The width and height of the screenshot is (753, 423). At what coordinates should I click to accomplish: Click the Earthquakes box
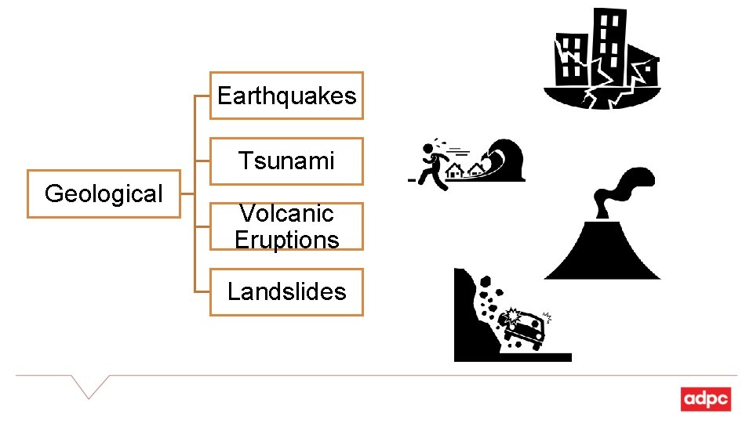point(286,96)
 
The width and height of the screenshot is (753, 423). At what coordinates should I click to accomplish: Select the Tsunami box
point(286,161)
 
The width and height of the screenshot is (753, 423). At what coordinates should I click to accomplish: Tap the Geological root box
point(104,193)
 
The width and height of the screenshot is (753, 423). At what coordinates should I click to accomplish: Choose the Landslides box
point(286,291)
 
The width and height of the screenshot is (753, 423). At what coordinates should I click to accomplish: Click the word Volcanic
point(286,214)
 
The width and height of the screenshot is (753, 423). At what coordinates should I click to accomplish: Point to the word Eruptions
point(286,239)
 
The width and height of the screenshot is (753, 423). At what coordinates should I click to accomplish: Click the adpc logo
point(705,399)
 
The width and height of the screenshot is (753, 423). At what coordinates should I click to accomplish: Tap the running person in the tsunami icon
point(433,164)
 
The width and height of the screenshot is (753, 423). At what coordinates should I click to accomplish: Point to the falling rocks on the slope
point(491,302)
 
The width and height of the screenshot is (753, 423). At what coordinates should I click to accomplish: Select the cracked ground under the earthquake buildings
point(600,97)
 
